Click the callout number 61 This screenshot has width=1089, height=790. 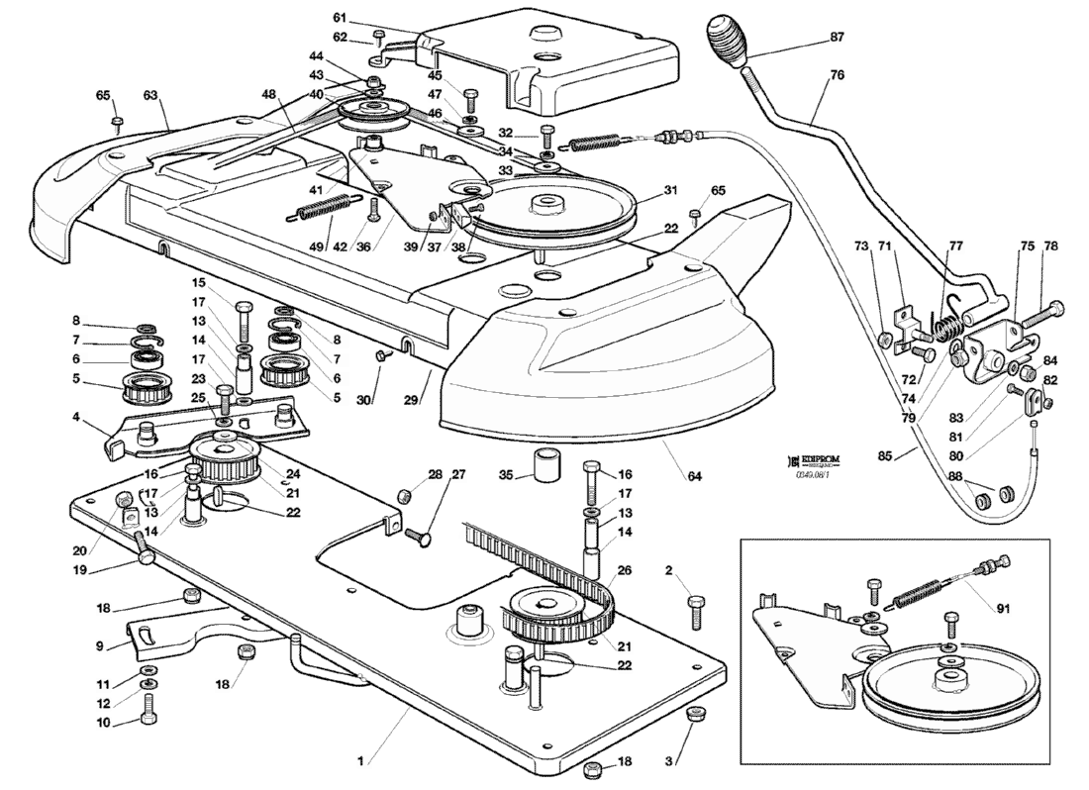click(x=339, y=18)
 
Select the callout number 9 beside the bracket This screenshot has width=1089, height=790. click(x=100, y=646)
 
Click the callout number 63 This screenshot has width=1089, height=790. click(x=150, y=95)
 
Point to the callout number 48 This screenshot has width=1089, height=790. click(x=242, y=94)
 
